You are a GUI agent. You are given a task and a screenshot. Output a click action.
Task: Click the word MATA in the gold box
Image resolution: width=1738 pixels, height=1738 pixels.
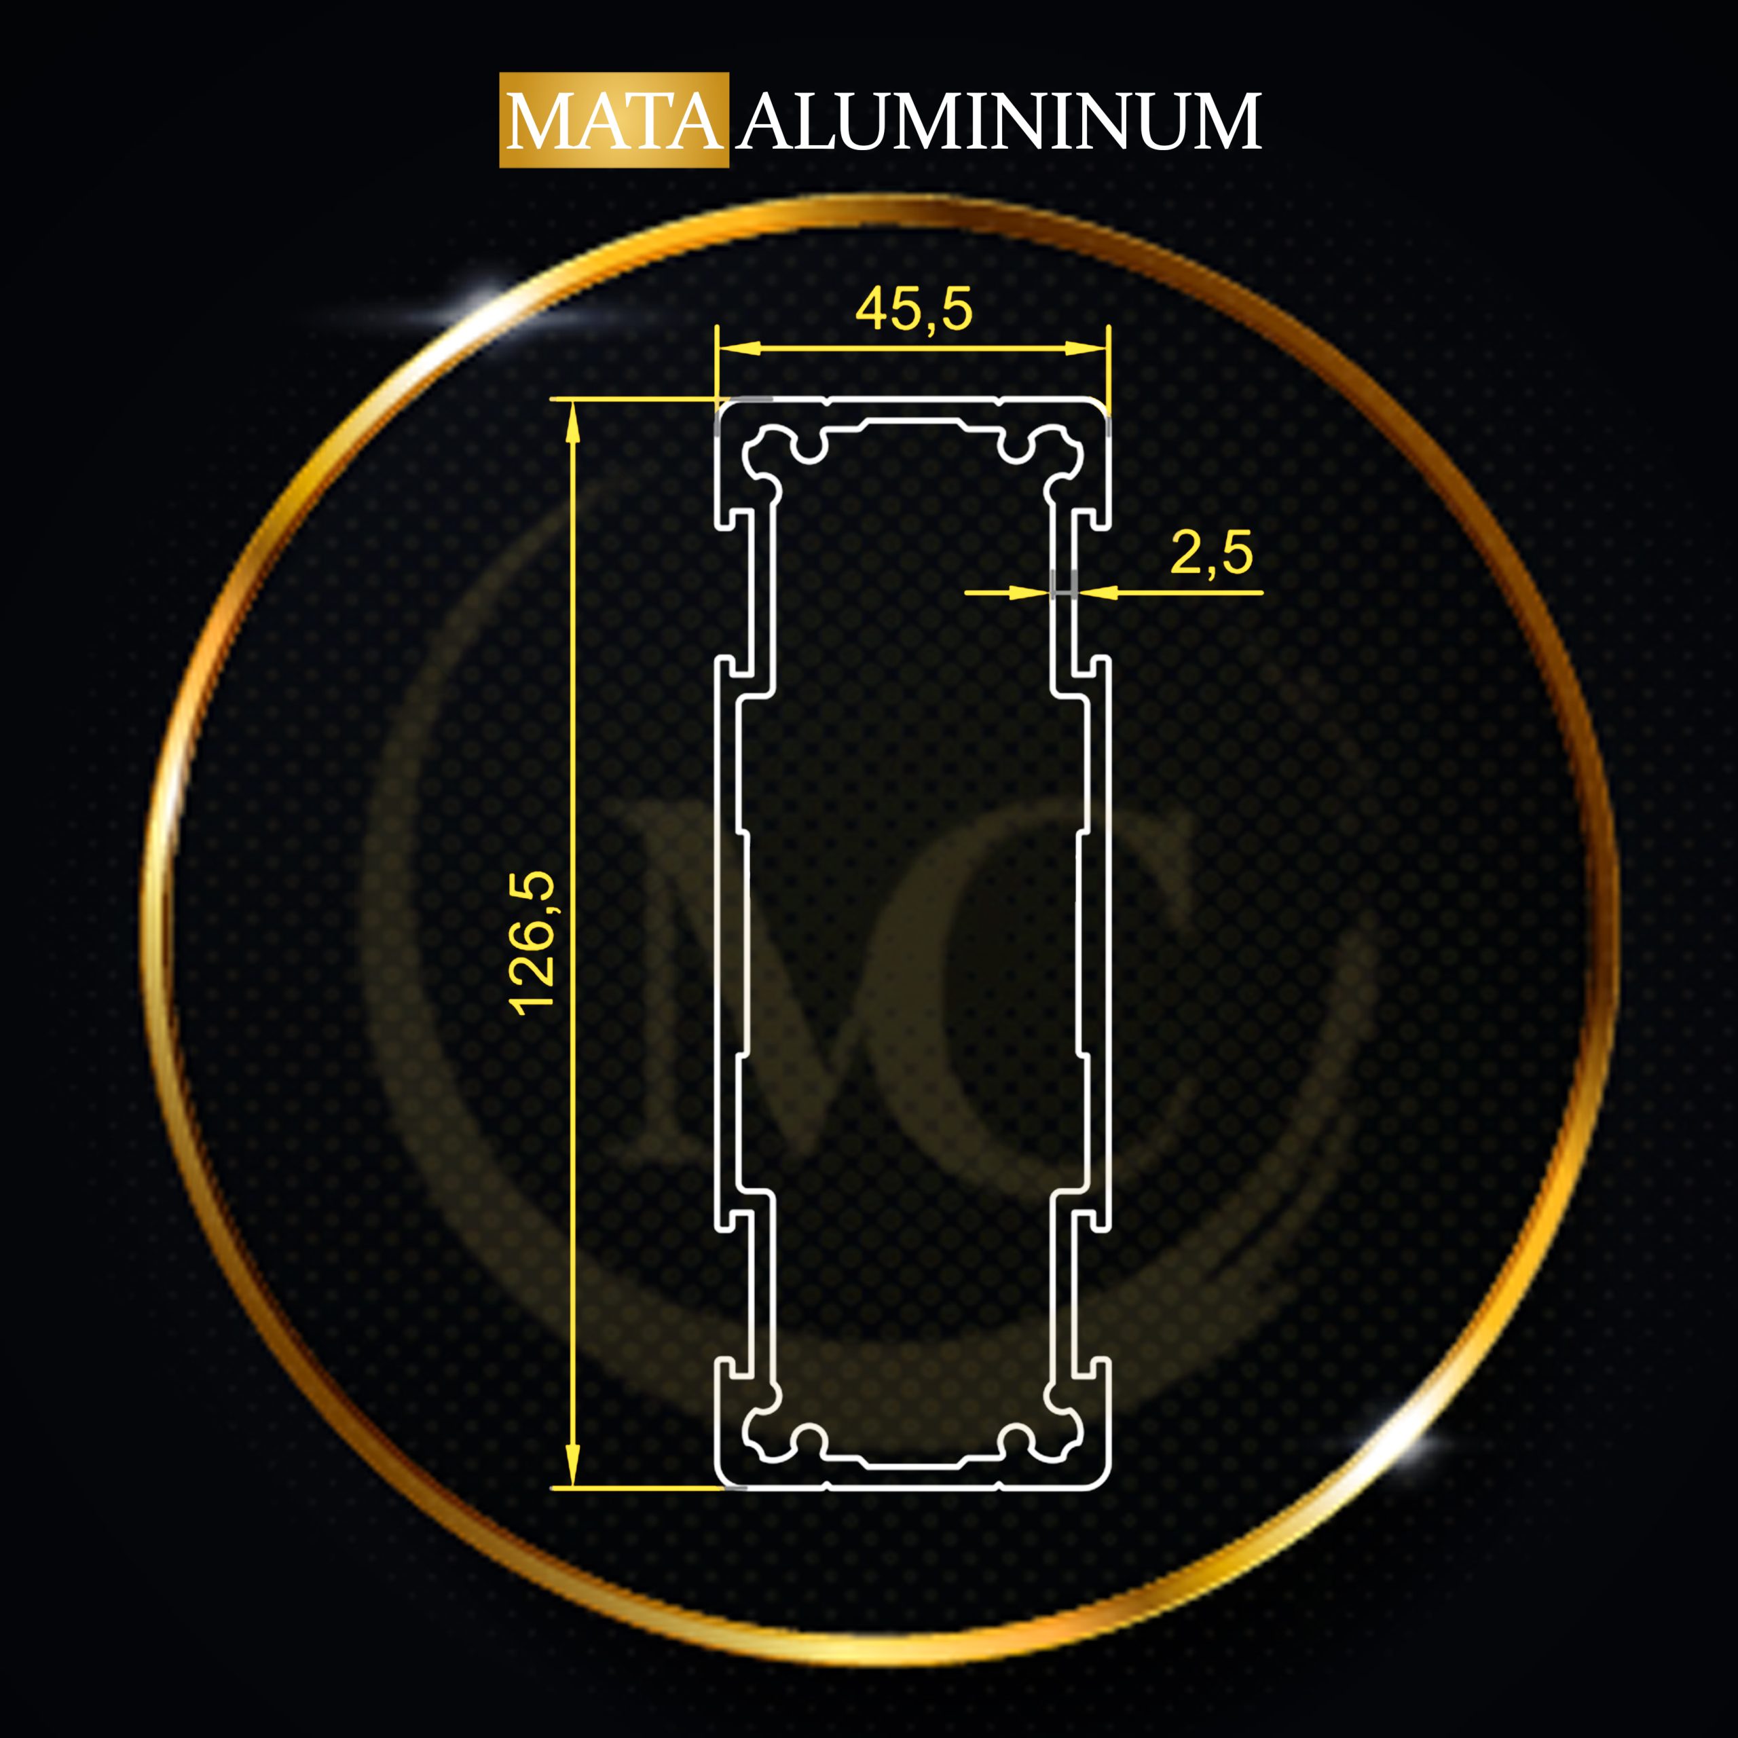pyautogui.click(x=614, y=122)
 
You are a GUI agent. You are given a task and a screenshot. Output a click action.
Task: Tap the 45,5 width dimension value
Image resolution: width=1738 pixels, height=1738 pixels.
pyautogui.click(x=913, y=310)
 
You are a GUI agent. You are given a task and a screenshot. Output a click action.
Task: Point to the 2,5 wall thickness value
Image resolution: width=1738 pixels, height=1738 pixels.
pyautogui.click(x=1211, y=553)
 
